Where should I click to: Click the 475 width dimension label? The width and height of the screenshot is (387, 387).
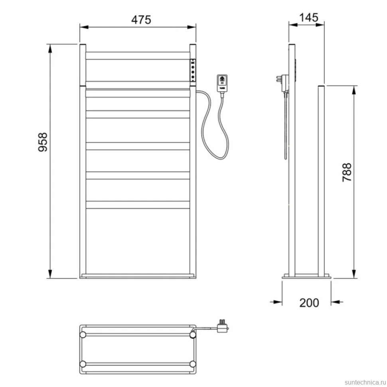click(141, 20)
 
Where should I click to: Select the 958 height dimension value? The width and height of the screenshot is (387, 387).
click(43, 142)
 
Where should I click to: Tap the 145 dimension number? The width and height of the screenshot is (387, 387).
click(308, 18)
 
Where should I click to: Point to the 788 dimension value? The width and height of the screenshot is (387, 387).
click(347, 172)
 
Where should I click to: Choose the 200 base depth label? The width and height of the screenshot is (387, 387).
click(309, 302)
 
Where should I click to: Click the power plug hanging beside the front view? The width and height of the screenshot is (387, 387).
click(222, 83)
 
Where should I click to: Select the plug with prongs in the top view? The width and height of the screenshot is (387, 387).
click(223, 326)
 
